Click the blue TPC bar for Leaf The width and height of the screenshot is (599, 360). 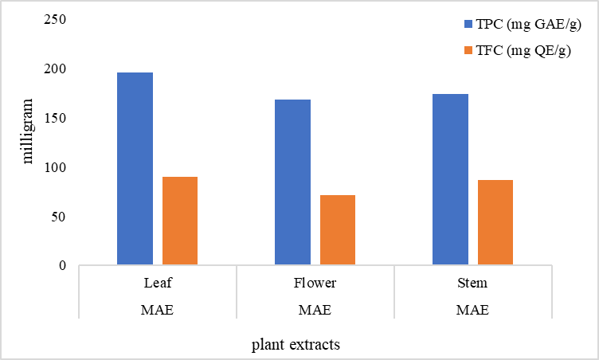pos(135,169)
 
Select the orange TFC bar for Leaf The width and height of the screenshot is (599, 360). pos(180,221)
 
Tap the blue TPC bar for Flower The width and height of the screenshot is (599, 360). pos(292,182)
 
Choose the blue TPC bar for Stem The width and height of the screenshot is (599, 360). pos(450,180)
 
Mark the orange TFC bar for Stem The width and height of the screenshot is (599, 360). pos(495,222)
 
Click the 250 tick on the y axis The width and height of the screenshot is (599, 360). pos(54,20)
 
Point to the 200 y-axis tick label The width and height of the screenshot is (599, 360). pos(54,69)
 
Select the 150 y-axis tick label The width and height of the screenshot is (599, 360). pos(54,118)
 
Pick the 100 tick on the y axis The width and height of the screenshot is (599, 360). pos(54,167)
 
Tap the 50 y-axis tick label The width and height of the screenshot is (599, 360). pos(57,217)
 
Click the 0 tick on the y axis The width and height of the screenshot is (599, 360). pos(61,265)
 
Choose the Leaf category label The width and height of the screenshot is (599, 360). pos(157,283)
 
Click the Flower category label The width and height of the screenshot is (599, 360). pos(315,283)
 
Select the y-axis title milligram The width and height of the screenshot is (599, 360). pos(29,131)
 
